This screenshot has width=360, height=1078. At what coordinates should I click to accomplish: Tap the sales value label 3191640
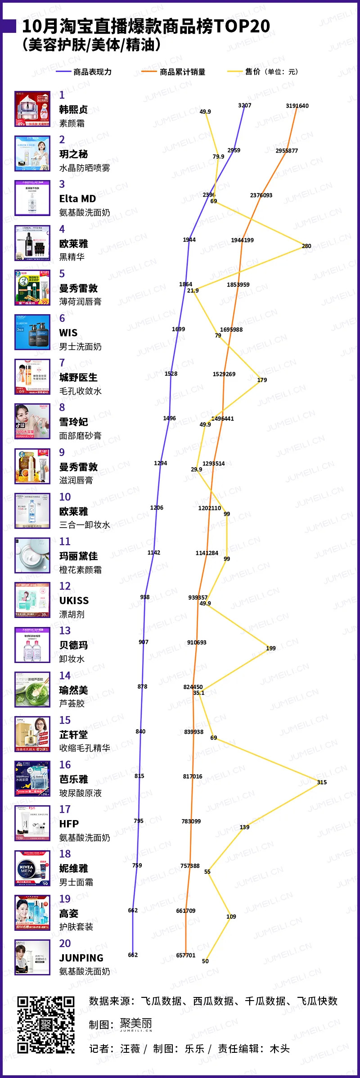(x=297, y=106)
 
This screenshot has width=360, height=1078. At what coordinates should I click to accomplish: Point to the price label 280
(x=306, y=246)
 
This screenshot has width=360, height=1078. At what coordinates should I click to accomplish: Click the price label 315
(x=322, y=782)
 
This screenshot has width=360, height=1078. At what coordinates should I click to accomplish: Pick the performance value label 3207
(x=245, y=105)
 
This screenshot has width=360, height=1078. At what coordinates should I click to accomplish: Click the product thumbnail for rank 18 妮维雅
(x=32, y=868)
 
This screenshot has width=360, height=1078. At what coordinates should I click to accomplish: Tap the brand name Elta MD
(x=77, y=199)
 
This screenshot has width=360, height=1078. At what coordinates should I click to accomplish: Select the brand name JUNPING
(x=81, y=958)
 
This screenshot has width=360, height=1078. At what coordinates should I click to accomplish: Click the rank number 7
(x=62, y=363)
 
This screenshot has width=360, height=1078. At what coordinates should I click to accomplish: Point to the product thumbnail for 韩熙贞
(x=32, y=109)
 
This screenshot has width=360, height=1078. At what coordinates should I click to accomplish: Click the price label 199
(x=271, y=648)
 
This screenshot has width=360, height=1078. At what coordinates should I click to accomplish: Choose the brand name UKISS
(x=74, y=600)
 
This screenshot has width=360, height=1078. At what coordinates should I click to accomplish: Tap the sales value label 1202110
(x=210, y=508)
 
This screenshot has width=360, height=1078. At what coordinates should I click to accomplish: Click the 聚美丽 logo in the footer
(x=136, y=1024)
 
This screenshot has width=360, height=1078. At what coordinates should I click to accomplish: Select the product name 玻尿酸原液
(x=81, y=793)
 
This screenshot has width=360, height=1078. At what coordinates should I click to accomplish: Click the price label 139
(x=244, y=827)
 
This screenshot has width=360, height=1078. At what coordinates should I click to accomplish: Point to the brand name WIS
(x=68, y=333)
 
